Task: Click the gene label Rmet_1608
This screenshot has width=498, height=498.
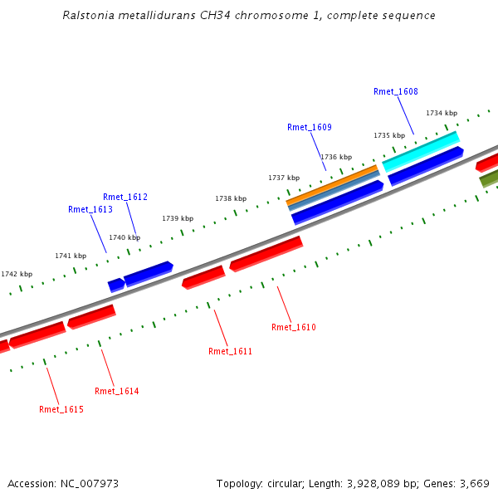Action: (396, 92)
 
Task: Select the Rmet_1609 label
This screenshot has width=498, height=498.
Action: (310, 127)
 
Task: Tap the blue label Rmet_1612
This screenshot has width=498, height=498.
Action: (125, 197)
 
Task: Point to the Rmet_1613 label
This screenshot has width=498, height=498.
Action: (90, 210)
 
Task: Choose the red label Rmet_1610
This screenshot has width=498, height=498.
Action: (294, 327)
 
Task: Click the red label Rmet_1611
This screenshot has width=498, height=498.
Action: (230, 351)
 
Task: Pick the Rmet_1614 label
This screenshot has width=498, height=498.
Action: (117, 391)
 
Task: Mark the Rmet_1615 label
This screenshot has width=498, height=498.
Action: (61, 409)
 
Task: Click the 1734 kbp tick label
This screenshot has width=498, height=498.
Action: (442, 113)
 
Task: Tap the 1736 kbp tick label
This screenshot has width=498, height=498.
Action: (336, 157)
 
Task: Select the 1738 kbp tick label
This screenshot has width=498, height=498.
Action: (231, 198)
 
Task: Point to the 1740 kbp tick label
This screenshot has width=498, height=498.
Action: (124, 237)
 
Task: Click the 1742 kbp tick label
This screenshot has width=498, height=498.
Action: (17, 274)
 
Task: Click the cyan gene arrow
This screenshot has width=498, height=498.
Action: (421, 149)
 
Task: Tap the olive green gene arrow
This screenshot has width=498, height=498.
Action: (488, 178)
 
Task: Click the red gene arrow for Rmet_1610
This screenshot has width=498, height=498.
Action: (266, 253)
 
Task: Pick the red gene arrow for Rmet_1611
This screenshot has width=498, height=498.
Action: (203, 276)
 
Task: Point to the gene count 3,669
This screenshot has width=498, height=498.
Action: (473, 483)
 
